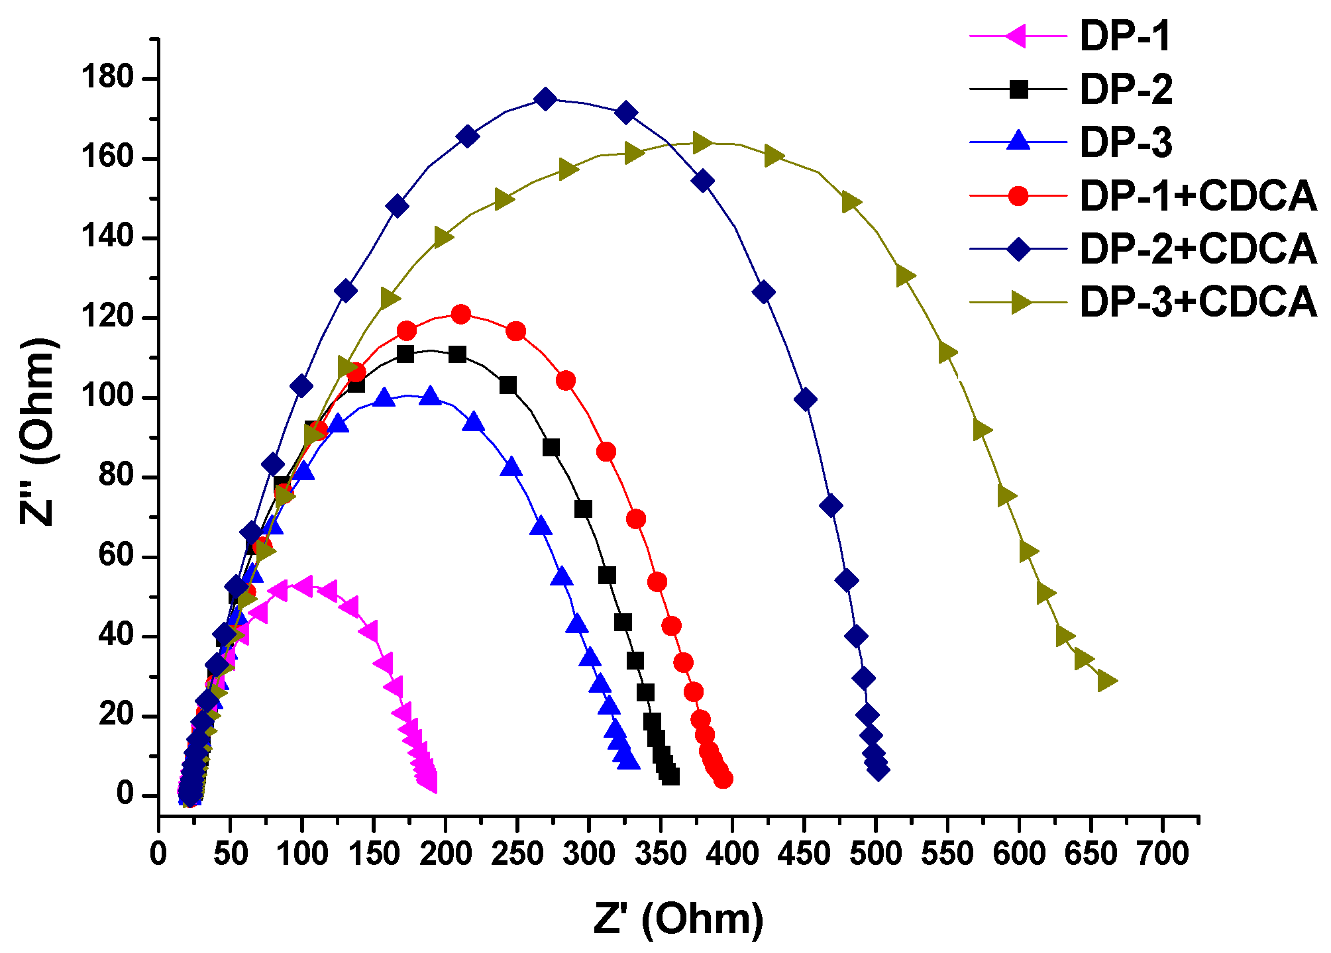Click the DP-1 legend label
pyautogui.click(x=1125, y=36)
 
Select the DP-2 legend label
pyautogui.click(x=1125, y=89)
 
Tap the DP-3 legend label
pyautogui.click(x=1125, y=142)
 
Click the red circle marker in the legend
pyautogui.click(x=1018, y=196)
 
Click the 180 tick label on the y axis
pyautogui.click(x=107, y=78)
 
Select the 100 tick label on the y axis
pyautogui.click(x=107, y=397)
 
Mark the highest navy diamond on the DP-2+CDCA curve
pyautogui.click(x=545, y=99)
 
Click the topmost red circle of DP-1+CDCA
pyautogui.click(x=461, y=314)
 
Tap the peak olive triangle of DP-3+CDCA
pyautogui.click(x=702, y=142)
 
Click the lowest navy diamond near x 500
pyautogui.click(x=878, y=770)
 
